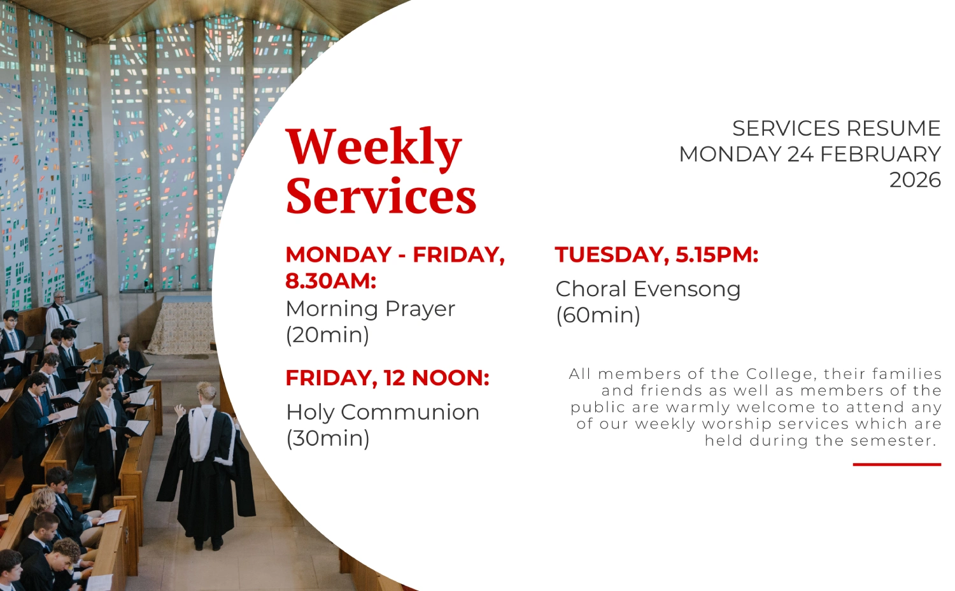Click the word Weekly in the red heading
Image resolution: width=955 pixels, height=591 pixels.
pyautogui.click(x=374, y=148)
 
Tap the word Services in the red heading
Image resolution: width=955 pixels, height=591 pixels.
pyautogui.click(x=381, y=196)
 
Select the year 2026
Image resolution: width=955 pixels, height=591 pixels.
pyautogui.click(x=915, y=180)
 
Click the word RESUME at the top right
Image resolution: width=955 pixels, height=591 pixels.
pyautogui.click(x=893, y=129)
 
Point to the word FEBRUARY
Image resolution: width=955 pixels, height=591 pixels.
pyautogui.click(x=881, y=154)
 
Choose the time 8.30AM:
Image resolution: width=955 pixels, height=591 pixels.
pyautogui.click(x=331, y=281)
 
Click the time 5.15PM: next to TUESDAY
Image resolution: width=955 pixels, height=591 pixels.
pyautogui.click(x=717, y=255)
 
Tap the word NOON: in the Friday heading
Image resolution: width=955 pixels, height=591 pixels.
pyautogui.click(x=450, y=378)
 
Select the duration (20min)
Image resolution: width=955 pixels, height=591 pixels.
pyautogui.click(x=327, y=335)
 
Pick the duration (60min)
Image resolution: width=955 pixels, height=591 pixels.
pyautogui.click(x=598, y=315)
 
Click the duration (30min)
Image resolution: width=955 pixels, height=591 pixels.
pyautogui.click(x=328, y=438)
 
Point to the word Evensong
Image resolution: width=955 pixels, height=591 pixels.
pyautogui.click(x=687, y=290)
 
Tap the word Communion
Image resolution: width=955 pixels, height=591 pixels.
pyautogui.click(x=410, y=412)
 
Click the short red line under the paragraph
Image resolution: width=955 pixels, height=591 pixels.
pyautogui.click(x=897, y=464)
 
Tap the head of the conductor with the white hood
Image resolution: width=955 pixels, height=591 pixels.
pyautogui.click(x=206, y=392)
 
